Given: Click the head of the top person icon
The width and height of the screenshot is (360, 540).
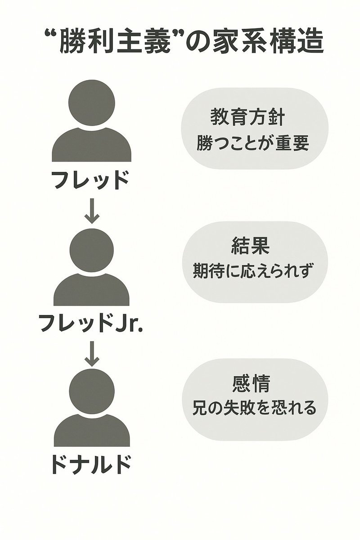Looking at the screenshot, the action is [x=92, y=103].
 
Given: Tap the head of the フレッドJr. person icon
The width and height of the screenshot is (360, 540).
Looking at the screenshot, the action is [x=91, y=250].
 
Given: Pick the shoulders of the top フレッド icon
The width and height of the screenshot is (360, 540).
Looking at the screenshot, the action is [x=92, y=145].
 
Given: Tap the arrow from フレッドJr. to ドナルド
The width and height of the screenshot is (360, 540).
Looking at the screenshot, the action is [x=92, y=353].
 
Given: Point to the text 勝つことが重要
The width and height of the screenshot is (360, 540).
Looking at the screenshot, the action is [x=253, y=144].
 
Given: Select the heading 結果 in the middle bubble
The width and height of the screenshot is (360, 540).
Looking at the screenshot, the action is [x=250, y=246].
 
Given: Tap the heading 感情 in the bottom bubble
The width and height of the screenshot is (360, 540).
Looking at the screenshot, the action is [x=251, y=384].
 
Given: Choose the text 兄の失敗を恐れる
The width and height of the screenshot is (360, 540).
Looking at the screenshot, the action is [x=254, y=408].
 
